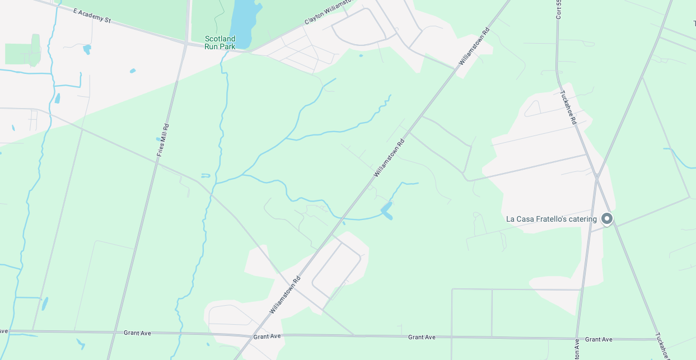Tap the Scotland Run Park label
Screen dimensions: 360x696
220,43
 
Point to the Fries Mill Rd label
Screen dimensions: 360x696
163,140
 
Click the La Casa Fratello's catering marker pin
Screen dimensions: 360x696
606,219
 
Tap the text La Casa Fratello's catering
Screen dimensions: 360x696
551,219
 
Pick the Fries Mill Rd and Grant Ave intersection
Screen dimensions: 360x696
111,333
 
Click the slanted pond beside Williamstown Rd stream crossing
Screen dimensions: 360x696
386,211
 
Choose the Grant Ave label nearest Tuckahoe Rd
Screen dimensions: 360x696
599,339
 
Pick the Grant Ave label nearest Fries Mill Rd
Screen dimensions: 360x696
138,333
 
